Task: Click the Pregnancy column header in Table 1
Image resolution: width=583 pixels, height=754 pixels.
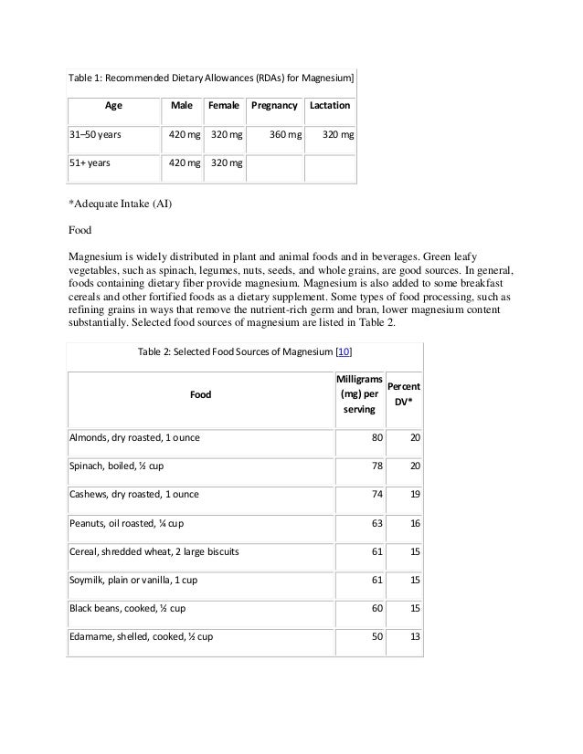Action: coord(274,105)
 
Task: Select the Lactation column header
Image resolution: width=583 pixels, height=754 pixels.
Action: coord(329,105)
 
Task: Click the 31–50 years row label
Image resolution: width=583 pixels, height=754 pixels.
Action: coord(97,134)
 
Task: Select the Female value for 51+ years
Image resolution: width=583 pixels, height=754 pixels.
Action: coord(227,164)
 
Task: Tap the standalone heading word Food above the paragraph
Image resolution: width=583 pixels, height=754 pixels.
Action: coord(83,231)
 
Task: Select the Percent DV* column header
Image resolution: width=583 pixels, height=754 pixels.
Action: coord(404,393)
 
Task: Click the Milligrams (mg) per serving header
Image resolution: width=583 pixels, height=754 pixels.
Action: coord(353,394)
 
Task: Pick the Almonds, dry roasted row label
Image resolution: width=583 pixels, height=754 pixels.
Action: coord(135,437)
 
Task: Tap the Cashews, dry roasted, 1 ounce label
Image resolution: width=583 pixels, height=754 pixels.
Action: coord(134,494)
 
